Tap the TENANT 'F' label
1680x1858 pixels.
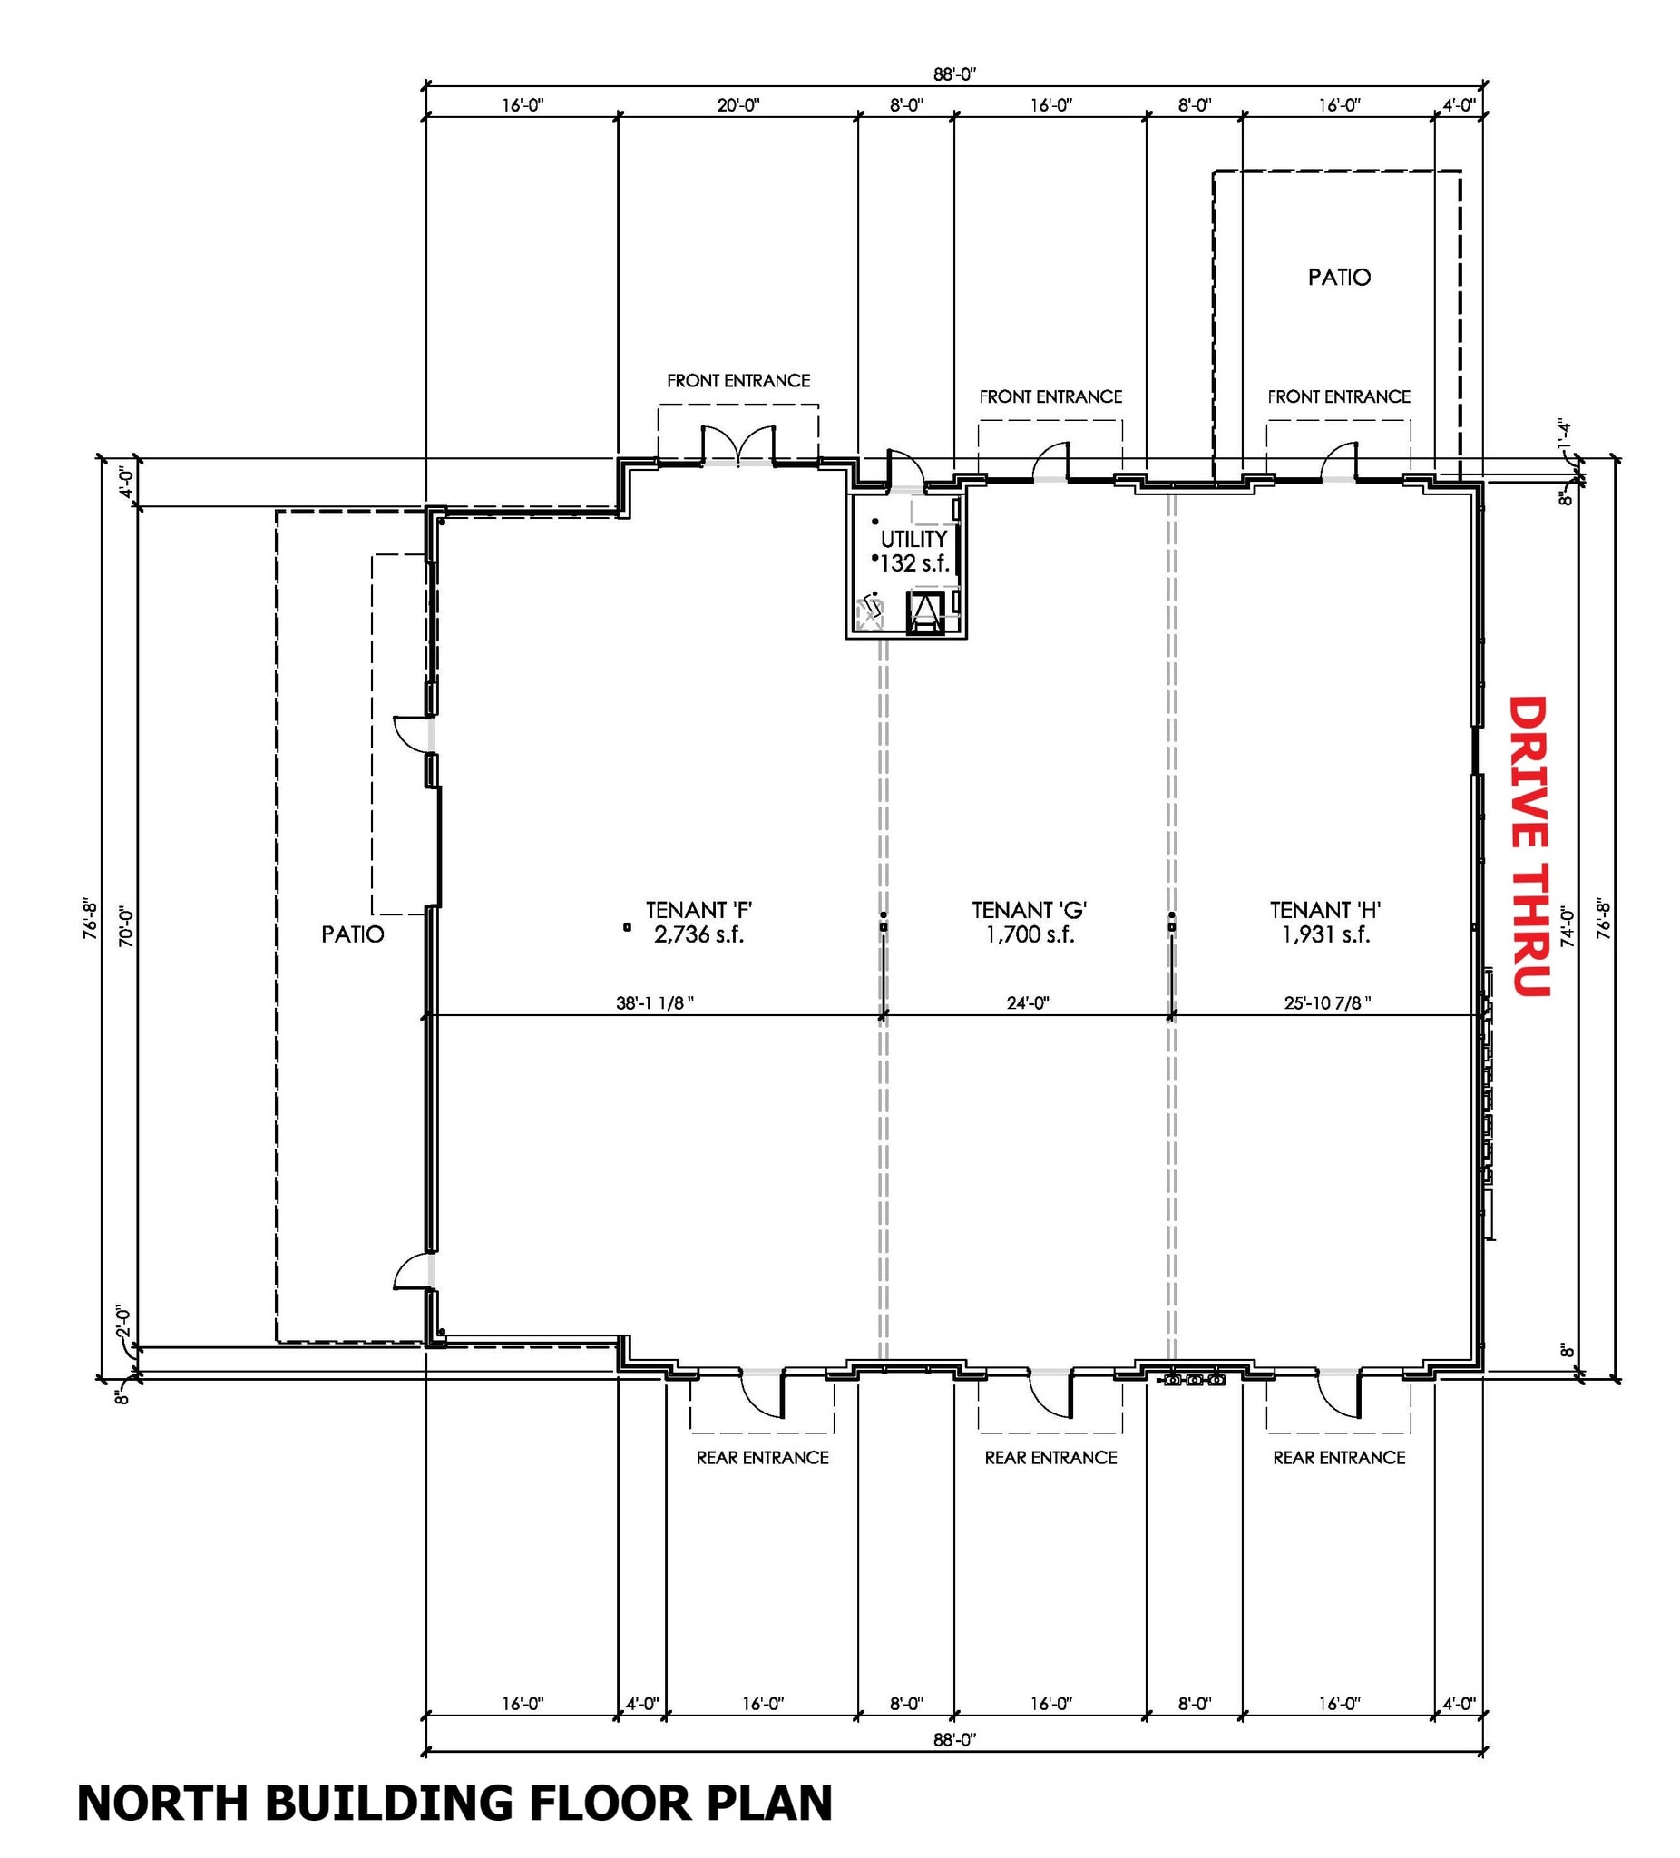(x=698, y=910)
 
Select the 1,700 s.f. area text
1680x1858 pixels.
(x=1030, y=934)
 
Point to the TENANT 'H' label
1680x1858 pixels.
(x=1324, y=910)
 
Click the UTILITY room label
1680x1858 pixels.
(x=913, y=539)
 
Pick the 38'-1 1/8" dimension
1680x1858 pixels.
(x=654, y=1002)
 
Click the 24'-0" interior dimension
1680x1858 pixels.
(x=1028, y=1002)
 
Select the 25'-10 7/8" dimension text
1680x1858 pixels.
(x=1327, y=1002)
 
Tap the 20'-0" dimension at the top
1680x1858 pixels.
(x=738, y=105)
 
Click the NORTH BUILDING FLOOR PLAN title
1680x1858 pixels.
(x=454, y=1803)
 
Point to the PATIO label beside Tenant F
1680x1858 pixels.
(x=352, y=934)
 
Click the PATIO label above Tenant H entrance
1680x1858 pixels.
(x=1339, y=277)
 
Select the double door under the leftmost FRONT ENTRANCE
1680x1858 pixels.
(x=738, y=446)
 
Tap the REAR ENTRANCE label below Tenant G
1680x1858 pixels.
(x=1050, y=1457)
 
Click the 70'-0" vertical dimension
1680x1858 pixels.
(x=126, y=926)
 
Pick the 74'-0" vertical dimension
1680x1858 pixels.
(x=1567, y=926)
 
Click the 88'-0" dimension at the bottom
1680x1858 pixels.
(x=953, y=1739)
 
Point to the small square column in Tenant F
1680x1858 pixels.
(x=627, y=927)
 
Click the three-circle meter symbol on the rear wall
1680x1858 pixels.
(x=1195, y=1380)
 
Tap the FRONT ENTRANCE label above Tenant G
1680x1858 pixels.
(x=1050, y=396)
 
